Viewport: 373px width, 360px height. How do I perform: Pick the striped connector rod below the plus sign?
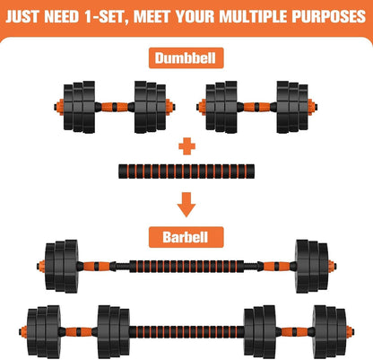(186, 170)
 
